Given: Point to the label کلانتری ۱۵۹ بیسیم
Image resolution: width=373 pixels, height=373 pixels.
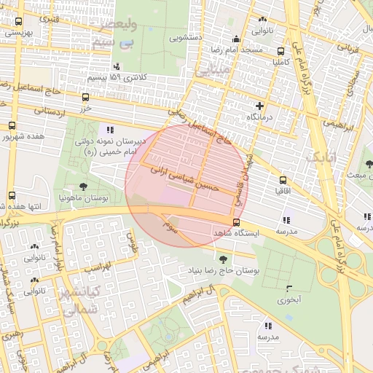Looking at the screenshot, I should point(117,76).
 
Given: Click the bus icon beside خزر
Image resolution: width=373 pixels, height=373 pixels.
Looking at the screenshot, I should point(86,97).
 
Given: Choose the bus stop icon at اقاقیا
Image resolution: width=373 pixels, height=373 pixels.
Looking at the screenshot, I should point(283,179).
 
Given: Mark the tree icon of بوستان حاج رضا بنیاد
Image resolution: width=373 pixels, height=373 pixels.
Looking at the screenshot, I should point(222,259).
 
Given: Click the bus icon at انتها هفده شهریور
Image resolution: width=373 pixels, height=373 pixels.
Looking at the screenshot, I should point(12,195).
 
